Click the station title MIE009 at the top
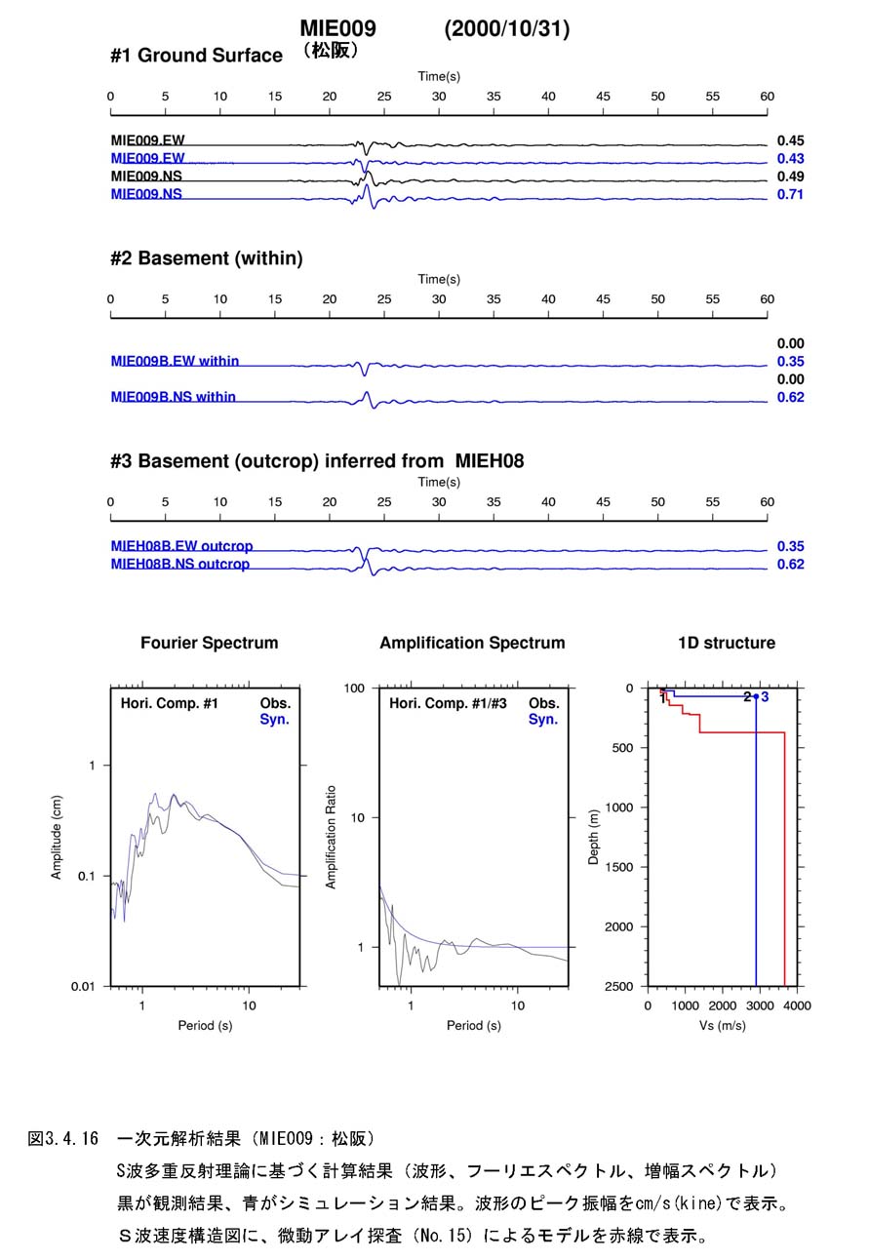(x=337, y=28)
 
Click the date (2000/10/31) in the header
(x=507, y=28)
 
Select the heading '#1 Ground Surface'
(x=196, y=56)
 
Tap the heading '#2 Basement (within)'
(x=207, y=258)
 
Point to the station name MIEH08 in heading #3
(x=490, y=460)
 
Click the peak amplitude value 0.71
(x=790, y=195)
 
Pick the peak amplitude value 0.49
(x=790, y=177)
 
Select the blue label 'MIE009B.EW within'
(x=175, y=361)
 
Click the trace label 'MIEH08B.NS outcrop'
(x=180, y=564)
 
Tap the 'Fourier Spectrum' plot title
(x=210, y=643)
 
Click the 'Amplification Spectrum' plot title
(x=472, y=643)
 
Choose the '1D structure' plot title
(x=727, y=643)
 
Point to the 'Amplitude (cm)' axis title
(x=56, y=837)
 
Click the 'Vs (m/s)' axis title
(x=723, y=1025)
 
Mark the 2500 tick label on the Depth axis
(x=618, y=986)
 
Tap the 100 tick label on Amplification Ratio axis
(x=354, y=688)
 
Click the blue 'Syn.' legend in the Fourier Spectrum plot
(x=274, y=720)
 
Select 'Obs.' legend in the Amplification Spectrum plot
(x=544, y=703)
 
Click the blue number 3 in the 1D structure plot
(x=765, y=697)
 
